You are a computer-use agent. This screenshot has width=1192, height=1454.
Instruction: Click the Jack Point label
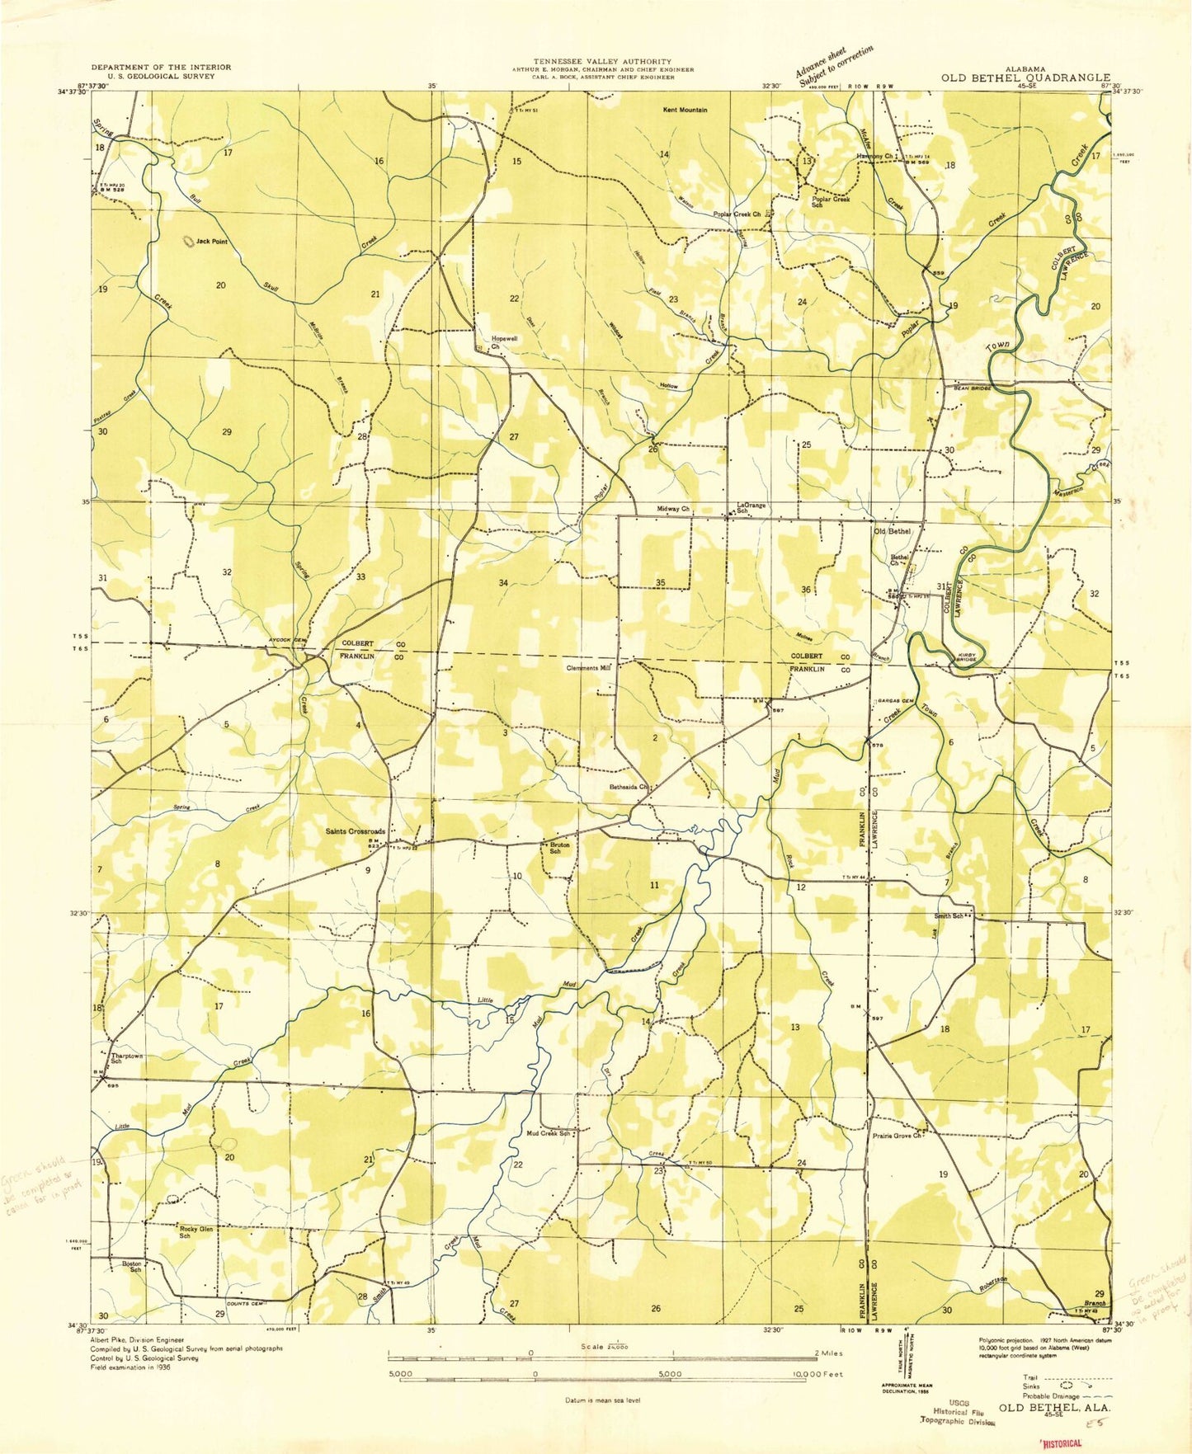coord(211,242)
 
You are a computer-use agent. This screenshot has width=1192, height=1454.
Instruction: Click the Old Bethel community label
coord(892,531)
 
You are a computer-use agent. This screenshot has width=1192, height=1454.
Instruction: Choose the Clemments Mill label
coord(588,668)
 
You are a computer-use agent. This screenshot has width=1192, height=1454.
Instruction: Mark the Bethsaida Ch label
coord(626,787)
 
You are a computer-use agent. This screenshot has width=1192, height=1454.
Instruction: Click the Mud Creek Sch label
coord(549,1133)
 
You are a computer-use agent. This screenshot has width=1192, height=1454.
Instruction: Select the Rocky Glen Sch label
coord(196,1232)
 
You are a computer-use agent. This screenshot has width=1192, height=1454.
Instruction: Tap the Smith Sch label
coord(949,916)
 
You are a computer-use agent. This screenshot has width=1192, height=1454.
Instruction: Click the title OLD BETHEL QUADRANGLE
coord(1025,78)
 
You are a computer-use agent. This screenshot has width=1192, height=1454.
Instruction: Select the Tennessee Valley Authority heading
coord(602,61)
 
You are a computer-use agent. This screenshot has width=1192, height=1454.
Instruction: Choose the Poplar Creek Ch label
coord(737,214)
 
